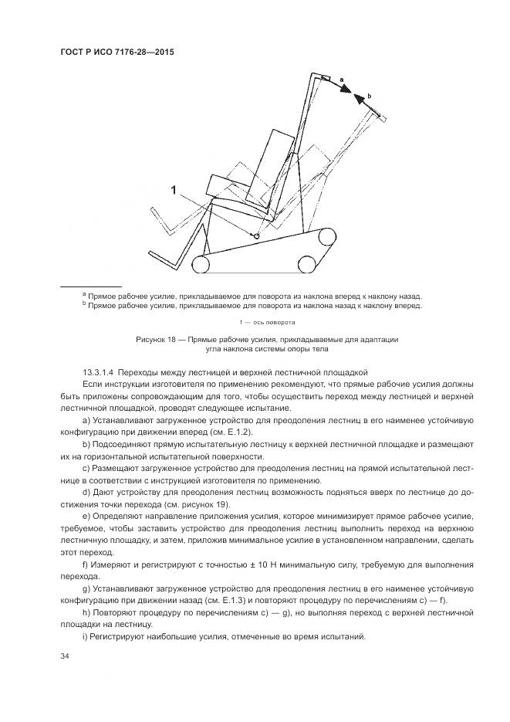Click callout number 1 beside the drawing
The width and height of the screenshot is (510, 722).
pyautogui.click(x=175, y=189)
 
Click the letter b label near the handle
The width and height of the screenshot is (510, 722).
pyautogui.click(x=370, y=96)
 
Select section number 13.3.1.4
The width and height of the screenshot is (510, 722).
pyautogui.click(x=102, y=372)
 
